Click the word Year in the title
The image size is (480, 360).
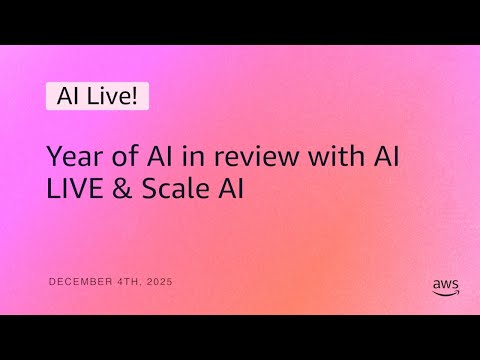71,157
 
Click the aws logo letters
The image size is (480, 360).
446,283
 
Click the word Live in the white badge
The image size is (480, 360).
104,96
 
